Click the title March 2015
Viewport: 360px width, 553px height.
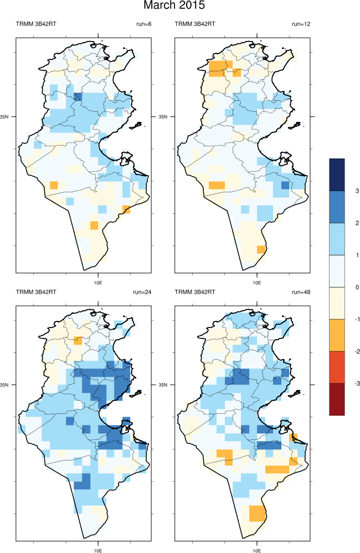point(174,6)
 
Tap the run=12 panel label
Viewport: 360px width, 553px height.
point(302,24)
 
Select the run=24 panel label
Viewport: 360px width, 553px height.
point(142,292)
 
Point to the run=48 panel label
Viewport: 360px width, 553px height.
point(301,292)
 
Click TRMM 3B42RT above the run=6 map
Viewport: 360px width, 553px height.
point(35,24)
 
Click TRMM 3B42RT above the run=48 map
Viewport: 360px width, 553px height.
point(194,292)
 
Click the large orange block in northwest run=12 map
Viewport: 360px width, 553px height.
point(217,66)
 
